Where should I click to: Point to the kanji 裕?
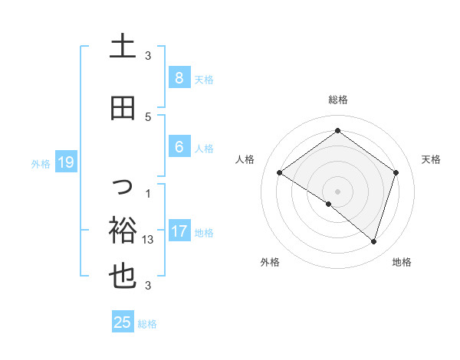[x=123, y=229]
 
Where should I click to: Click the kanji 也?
[x=123, y=278]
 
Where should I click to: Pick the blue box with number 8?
[x=179, y=78]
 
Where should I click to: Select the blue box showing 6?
[x=179, y=147]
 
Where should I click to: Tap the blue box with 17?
[x=179, y=231]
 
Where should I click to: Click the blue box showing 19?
[x=65, y=162]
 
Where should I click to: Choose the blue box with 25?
[x=123, y=322]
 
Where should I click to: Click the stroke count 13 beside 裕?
[x=149, y=239]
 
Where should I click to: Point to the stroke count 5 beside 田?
[x=148, y=116]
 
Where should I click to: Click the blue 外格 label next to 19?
[x=40, y=163]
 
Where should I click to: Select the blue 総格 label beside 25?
[x=147, y=324]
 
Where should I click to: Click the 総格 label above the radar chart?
[x=337, y=100]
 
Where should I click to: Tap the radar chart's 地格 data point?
[x=373, y=241]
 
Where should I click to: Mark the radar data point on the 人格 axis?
[x=279, y=173]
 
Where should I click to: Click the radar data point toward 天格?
[x=396, y=173]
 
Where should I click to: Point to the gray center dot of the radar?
[x=337, y=191]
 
